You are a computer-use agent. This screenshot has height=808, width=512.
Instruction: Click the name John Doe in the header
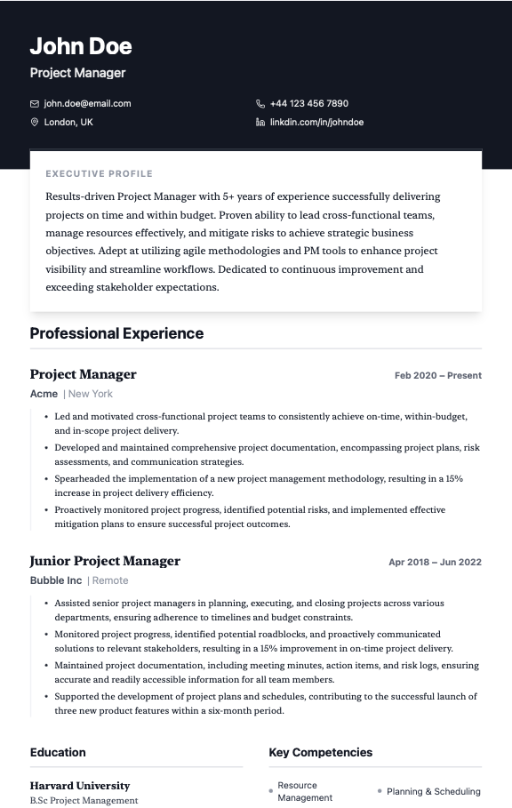click(81, 46)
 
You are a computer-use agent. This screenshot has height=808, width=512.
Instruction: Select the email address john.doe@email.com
click(87, 104)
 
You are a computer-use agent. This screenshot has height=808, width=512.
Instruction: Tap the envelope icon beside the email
click(35, 104)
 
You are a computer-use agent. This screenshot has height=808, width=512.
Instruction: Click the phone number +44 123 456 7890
click(308, 104)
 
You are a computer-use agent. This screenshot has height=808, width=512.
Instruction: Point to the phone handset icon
click(260, 104)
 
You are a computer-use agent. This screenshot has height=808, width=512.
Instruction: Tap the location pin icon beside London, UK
click(35, 122)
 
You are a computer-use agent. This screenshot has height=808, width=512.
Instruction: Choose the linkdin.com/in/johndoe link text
click(316, 122)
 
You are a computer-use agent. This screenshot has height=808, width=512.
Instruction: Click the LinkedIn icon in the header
click(260, 122)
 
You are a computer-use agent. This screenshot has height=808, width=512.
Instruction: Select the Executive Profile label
click(100, 174)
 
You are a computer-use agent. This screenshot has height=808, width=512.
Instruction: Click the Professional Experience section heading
click(116, 333)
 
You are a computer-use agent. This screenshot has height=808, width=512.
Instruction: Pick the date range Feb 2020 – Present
click(437, 376)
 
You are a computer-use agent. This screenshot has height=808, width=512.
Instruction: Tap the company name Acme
click(44, 394)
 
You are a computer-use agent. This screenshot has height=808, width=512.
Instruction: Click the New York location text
click(91, 394)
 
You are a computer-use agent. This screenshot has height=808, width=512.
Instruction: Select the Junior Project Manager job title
click(105, 561)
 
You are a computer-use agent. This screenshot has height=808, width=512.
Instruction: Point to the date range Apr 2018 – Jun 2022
click(435, 563)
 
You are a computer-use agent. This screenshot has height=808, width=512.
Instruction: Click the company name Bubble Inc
click(56, 580)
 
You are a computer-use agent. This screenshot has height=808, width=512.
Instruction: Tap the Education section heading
click(58, 752)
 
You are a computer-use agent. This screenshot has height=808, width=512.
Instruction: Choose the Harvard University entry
click(80, 786)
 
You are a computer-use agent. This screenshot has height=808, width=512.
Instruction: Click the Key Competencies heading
click(321, 752)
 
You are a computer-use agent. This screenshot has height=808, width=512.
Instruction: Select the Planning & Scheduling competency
click(433, 791)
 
